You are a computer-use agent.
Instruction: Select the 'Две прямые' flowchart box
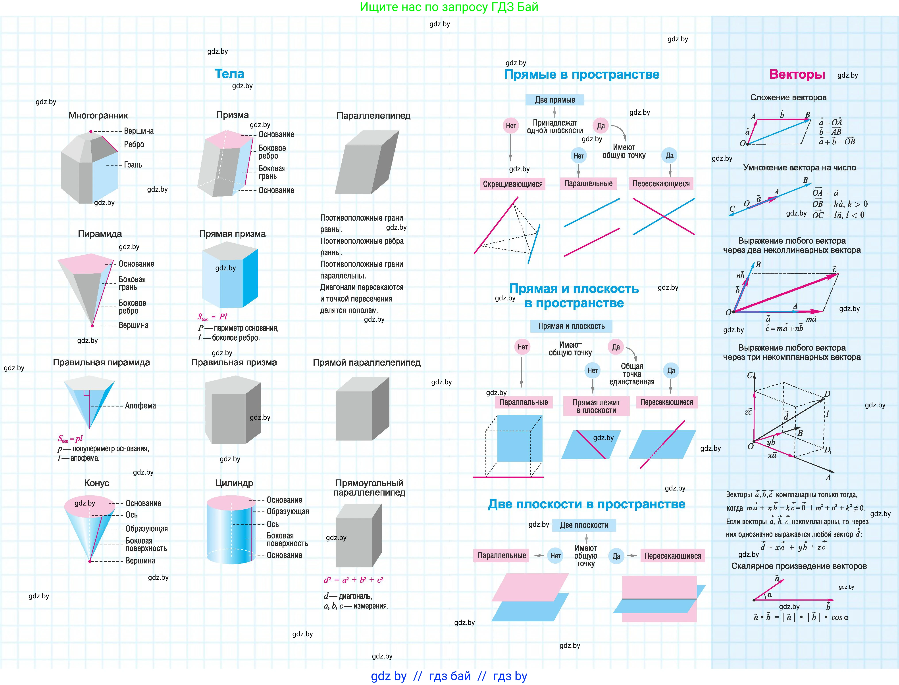coord(554,100)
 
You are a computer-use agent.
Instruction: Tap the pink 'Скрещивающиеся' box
coord(512,184)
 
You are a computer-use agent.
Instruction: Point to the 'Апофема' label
coord(140,406)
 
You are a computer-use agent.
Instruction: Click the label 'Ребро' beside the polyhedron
coord(134,144)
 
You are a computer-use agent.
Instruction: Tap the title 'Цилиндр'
coord(234,483)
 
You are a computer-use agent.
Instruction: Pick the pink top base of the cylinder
coord(231,503)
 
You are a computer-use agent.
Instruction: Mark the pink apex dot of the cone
coord(90,561)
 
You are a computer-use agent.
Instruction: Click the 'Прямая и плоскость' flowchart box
coord(571,326)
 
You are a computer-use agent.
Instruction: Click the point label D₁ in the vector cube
coord(827,450)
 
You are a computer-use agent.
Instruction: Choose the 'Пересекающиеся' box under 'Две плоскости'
coord(672,556)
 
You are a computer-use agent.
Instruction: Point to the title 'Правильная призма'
coord(234,363)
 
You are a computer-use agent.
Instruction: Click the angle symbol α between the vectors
coord(769,595)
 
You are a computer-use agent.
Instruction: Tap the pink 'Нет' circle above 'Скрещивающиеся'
coord(511,126)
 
